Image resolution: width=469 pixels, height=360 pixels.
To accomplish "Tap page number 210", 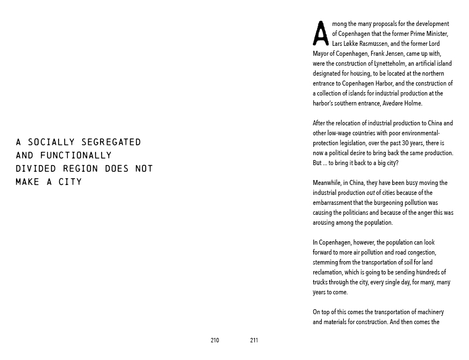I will tap(215, 341).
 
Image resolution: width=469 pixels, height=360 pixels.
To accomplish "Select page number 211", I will tap(254, 341).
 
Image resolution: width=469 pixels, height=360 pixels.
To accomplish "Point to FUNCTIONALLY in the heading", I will tap(76, 155).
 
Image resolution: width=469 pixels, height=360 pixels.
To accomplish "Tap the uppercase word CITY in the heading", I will tap(70, 182).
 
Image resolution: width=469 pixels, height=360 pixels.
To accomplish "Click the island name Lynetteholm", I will tap(390, 63).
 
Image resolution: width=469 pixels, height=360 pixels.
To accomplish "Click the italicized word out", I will tap(370, 193).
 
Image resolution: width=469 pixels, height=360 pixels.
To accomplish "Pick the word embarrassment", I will tap(333, 203).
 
